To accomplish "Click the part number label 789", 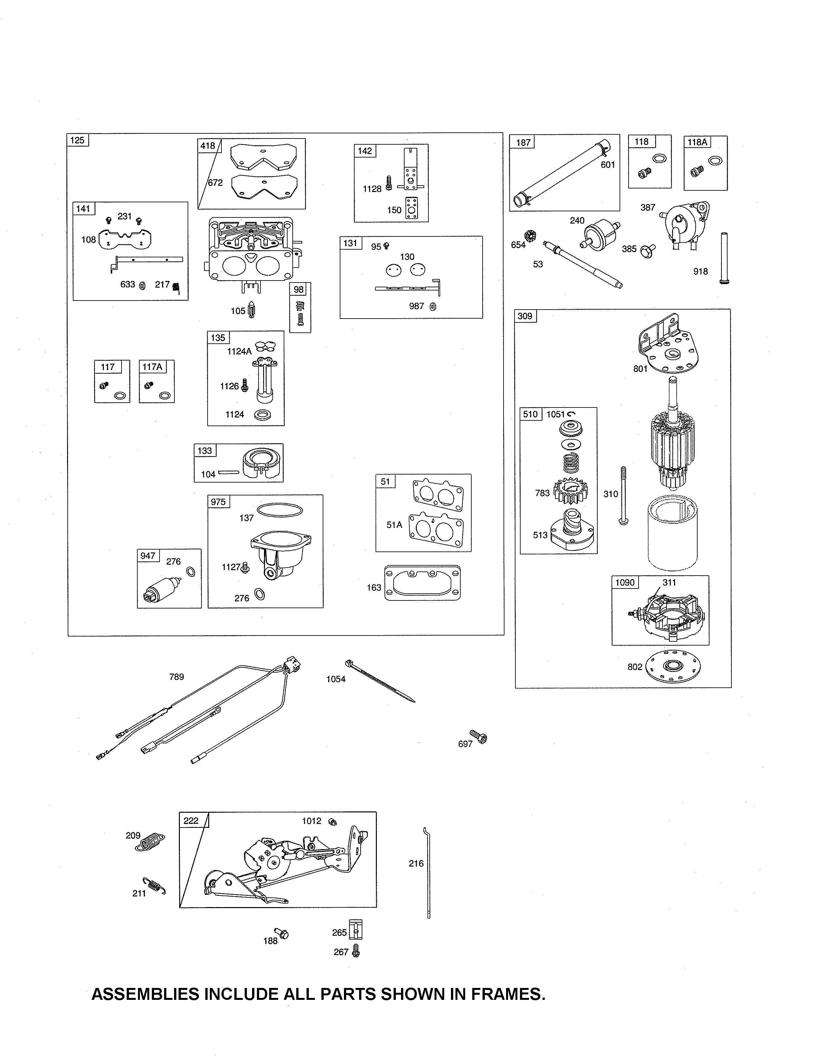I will [176, 676].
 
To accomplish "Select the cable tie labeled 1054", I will [380, 681].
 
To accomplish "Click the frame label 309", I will [525, 316].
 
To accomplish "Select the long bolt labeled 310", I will [623, 495].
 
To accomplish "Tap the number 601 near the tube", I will [607, 165].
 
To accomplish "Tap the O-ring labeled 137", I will [279, 510].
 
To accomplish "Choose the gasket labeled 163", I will [422, 583].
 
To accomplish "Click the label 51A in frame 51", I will [394, 525].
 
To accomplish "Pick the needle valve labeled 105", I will [252, 309].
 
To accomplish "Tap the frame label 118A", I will [697, 142].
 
